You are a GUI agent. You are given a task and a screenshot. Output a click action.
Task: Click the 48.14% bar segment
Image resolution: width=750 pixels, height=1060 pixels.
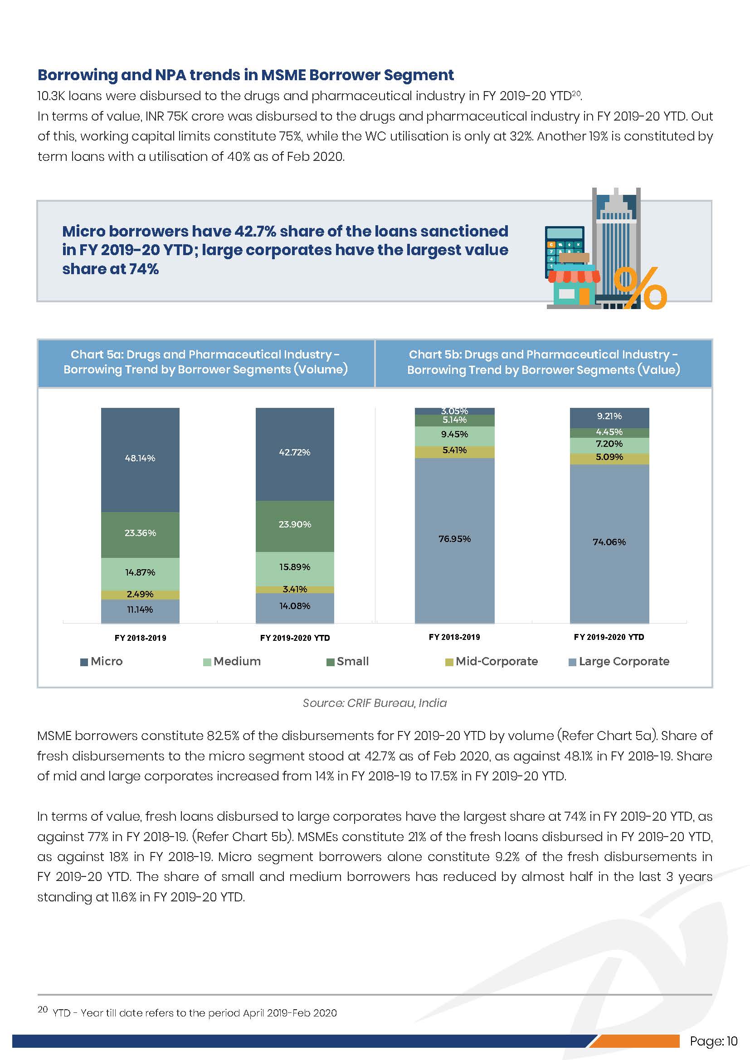tap(140, 459)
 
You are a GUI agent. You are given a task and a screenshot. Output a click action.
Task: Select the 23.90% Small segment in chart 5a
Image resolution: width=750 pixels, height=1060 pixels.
tap(295, 525)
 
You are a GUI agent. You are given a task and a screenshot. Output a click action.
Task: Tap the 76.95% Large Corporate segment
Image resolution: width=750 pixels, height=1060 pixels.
tap(454, 539)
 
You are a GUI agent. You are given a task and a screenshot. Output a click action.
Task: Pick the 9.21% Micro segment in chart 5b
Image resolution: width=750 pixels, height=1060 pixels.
tap(609, 416)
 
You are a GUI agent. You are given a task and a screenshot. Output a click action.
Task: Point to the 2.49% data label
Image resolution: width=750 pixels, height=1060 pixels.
tap(140, 594)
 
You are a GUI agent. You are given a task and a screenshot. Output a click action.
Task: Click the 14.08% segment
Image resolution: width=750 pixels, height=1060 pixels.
tap(295, 606)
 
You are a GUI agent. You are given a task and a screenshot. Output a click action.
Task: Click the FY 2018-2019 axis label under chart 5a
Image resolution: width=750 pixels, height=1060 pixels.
tap(140, 638)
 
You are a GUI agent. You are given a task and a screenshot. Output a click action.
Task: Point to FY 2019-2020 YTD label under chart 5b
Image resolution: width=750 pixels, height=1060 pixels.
tap(609, 637)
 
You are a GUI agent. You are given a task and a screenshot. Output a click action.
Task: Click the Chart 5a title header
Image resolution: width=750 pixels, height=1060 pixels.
tap(205, 363)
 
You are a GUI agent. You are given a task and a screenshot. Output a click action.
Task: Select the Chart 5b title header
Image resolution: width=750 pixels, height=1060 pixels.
tap(543, 363)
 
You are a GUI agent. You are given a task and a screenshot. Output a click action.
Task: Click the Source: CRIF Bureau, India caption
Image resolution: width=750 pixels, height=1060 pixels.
tap(375, 703)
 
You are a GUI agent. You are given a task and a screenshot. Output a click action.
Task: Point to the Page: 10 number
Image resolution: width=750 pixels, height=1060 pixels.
tap(714, 1041)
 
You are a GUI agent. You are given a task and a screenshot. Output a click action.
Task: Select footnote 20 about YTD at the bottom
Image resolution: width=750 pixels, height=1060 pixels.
tap(187, 1013)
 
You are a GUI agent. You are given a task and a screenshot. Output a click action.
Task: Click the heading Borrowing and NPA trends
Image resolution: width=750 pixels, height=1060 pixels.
tap(245, 75)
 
